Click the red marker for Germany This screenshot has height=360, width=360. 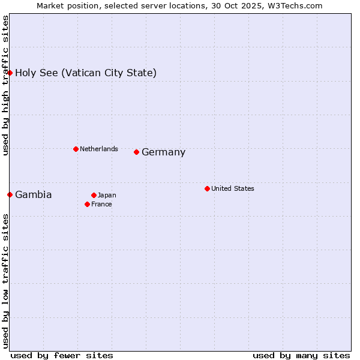[137, 152]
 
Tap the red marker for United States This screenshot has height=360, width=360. [207, 188]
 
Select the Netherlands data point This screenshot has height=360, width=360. [76, 149]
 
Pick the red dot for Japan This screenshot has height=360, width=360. [94, 195]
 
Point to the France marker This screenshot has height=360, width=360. [88, 204]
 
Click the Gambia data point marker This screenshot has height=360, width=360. [10, 194]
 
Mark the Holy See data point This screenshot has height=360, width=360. [10, 73]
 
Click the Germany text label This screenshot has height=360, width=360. [163, 152]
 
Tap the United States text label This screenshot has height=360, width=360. [232, 188]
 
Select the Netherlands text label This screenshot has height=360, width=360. [98, 149]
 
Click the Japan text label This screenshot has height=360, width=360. [107, 195]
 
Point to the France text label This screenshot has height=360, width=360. [101, 204]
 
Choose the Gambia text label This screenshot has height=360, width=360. [33, 194]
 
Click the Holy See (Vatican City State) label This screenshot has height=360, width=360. [86, 73]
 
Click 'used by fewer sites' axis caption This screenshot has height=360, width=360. [62, 355]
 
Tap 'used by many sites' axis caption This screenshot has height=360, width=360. [301, 355]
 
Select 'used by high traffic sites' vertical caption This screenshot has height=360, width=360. [5, 85]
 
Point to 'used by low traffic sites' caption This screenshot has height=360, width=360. [5, 280]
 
